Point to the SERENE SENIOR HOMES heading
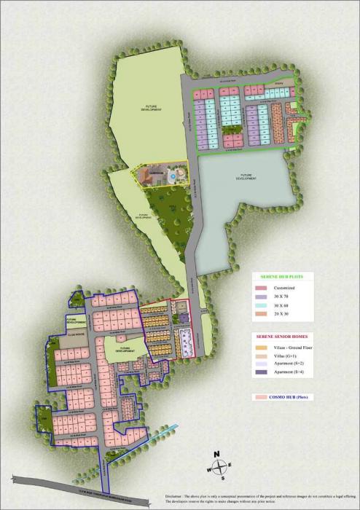tap(280, 337)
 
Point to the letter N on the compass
tap(216, 454)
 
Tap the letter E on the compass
tap(231, 465)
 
